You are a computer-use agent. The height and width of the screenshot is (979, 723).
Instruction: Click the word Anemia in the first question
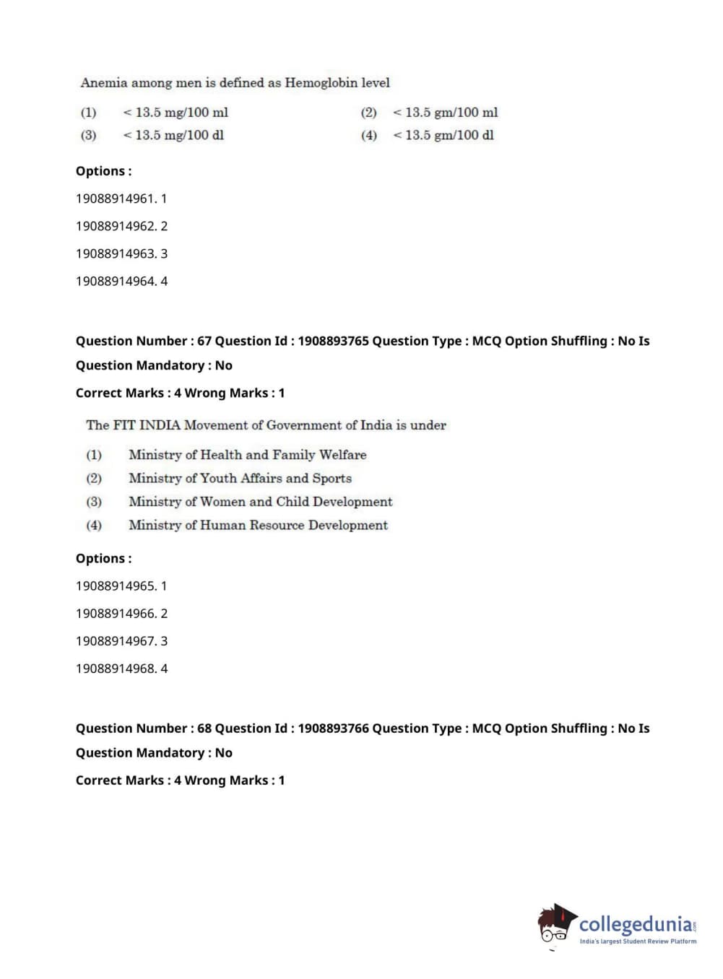[103, 83]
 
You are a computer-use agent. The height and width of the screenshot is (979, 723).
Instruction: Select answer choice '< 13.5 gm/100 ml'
[444, 113]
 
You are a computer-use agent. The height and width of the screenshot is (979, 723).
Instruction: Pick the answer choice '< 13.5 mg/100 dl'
[173, 135]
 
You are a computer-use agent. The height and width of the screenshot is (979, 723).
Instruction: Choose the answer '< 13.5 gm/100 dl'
[443, 135]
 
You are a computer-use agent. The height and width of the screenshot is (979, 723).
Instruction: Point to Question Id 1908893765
[333, 341]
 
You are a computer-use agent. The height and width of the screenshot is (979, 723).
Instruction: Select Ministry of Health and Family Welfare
[247, 455]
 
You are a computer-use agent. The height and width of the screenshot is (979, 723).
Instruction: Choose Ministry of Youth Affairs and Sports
[240, 478]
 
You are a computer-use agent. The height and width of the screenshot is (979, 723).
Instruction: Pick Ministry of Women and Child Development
[260, 502]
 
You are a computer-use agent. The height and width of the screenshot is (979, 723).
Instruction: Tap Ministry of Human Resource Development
[258, 525]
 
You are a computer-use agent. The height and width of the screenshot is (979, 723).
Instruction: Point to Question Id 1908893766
[333, 728]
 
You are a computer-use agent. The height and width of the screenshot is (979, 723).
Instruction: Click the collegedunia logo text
[636, 924]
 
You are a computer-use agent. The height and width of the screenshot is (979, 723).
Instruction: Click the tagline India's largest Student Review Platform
[638, 941]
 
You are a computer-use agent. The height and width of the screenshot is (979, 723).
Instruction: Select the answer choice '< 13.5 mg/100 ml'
[175, 113]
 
